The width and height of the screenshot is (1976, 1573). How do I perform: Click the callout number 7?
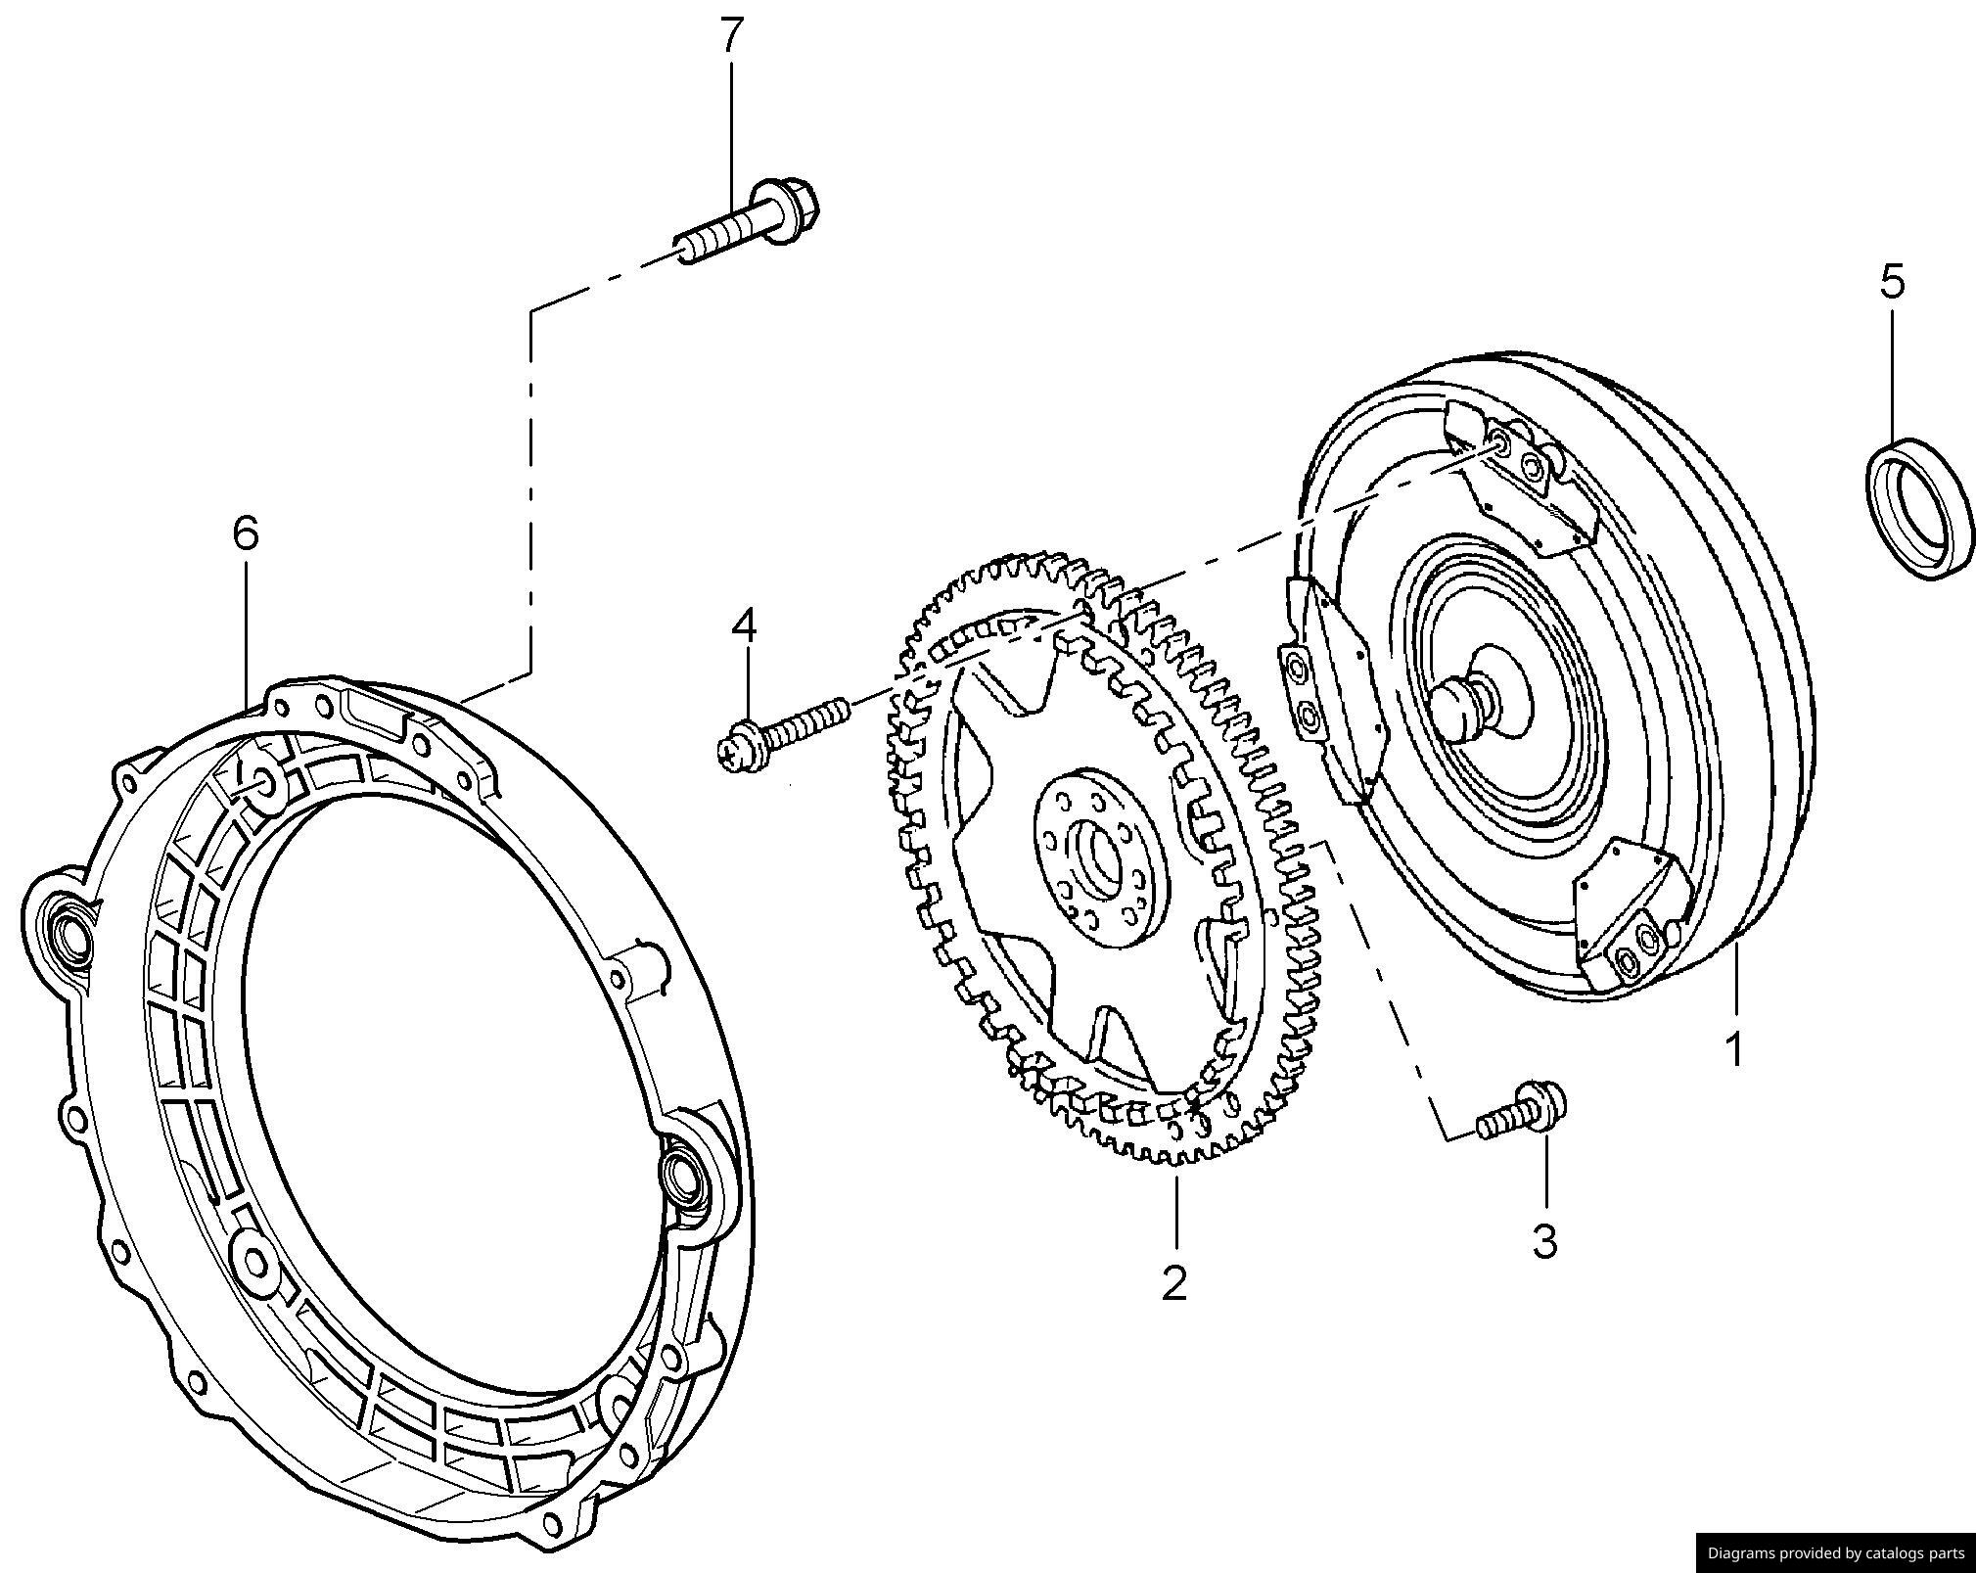click(x=731, y=36)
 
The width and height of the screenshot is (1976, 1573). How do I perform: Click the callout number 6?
click(x=245, y=533)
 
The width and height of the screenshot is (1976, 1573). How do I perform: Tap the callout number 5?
click(x=1892, y=282)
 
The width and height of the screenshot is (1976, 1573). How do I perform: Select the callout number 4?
click(x=745, y=626)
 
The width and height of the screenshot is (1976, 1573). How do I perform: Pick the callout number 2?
click(x=1173, y=1282)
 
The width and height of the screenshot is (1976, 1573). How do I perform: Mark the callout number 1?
click(x=1733, y=1049)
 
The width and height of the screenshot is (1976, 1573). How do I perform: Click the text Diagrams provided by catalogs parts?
click(x=1835, y=1552)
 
